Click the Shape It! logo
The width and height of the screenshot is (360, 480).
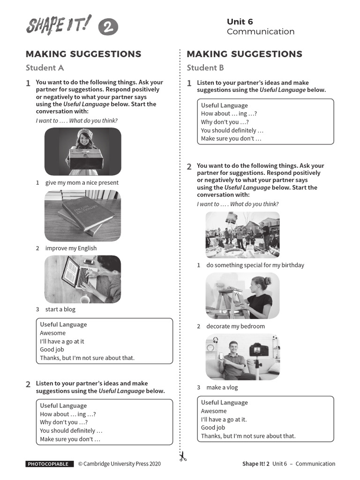point(59,25)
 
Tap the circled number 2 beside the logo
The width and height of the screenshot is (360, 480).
point(108,28)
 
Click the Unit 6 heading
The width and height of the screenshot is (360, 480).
point(240,22)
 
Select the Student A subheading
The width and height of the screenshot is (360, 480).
point(45,67)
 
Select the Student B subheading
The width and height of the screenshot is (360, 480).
point(205,67)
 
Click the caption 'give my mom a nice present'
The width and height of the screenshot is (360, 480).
point(82,183)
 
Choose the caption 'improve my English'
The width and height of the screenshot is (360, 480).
point(71,248)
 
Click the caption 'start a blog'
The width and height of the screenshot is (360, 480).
point(60,309)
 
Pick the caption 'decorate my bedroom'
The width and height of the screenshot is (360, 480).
point(235,326)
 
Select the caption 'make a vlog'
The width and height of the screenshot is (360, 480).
point(222,388)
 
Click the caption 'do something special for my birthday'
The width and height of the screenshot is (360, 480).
point(255,265)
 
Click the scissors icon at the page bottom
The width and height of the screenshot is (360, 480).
point(183,456)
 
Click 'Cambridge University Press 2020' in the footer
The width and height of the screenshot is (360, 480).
point(119,464)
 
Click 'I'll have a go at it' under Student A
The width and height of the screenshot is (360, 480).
point(62,341)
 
